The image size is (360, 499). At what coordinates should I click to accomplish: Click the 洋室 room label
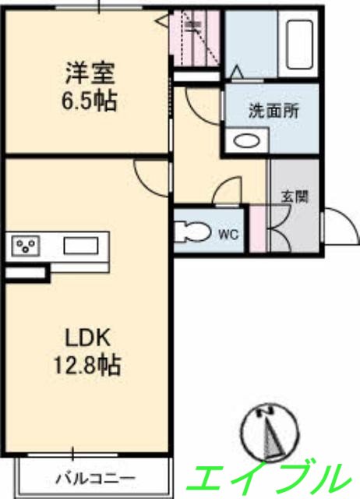(90, 76)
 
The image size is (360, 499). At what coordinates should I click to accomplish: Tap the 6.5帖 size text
(90, 101)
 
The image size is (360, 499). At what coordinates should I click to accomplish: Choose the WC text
(228, 233)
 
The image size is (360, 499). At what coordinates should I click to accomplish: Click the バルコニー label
(96, 476)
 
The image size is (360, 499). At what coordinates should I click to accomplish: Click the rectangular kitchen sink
(80, 247)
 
